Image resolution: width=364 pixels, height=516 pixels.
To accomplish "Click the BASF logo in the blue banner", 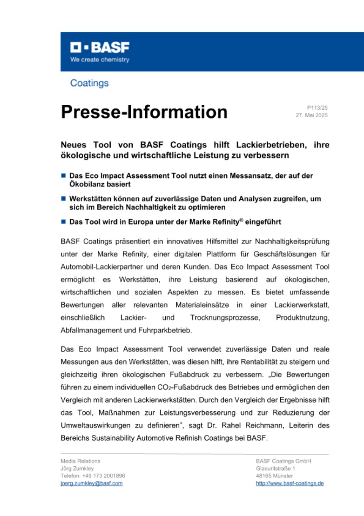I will [x=100, y=48].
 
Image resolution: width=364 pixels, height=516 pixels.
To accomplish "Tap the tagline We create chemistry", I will [x=100, y=60].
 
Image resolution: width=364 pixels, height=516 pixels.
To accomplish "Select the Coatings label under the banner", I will [x=89, y=83].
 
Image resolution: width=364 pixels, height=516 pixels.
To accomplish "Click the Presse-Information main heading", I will [x=144, y=112].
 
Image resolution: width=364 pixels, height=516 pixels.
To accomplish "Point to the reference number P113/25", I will [x=317, y=108].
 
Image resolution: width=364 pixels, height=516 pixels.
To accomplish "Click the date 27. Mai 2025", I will [x=312, y=115].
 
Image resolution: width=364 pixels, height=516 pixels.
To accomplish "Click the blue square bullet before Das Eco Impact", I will [x=63, y=176].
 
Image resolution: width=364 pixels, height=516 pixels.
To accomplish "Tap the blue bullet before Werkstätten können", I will [x=63, y=199].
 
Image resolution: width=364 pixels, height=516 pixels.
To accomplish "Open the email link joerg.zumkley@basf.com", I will [x=91, y=483].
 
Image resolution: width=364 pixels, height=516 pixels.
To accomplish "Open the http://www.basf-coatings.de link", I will [x=290, y=483].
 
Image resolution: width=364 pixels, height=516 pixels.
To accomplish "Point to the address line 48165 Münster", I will [x=274, y=476].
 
